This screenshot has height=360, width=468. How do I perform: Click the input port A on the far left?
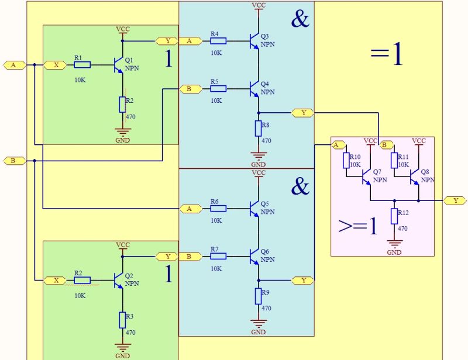click(14, 65)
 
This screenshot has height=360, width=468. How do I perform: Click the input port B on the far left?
click(14, 160)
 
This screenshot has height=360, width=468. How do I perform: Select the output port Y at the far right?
click(455, 200)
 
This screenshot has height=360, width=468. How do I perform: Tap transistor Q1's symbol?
click(119, 65)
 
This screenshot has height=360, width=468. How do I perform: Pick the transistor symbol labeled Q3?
click(254, 41)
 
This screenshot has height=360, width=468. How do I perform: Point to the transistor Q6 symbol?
click(254, 256)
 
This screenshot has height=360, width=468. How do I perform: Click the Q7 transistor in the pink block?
click(366, 176)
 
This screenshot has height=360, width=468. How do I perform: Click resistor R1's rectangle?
click(82, 65)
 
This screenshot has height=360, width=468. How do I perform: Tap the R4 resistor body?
click(218, 41)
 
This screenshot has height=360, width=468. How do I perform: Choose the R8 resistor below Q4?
click(258, 128)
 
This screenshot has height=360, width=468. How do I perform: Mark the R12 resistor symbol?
click(395, 216)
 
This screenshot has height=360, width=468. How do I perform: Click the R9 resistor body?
click(258, 296)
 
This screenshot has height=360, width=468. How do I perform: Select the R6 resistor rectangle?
click(218, 209)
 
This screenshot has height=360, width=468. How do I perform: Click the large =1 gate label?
click(387, 55)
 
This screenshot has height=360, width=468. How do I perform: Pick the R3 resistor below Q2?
click(123, 320)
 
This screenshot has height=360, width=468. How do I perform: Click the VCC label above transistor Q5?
click(258, 173)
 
